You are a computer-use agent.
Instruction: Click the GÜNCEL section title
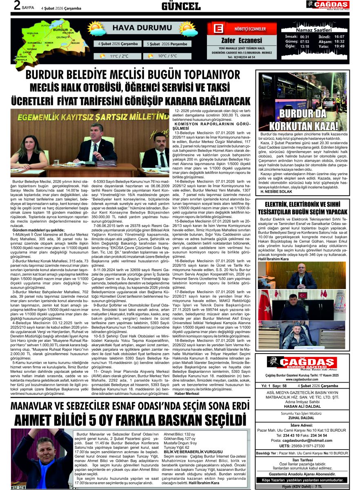click(x=181, y=6)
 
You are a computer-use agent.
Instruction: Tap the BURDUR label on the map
click(x=60, y=29)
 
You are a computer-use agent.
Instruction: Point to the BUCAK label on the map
click(x=75, y=43)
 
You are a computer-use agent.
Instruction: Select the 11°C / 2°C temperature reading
click(x=119, y=56)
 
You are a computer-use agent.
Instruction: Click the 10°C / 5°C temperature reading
click(x=167, y=56)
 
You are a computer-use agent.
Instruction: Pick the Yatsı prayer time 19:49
click(x=339, y=46)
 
